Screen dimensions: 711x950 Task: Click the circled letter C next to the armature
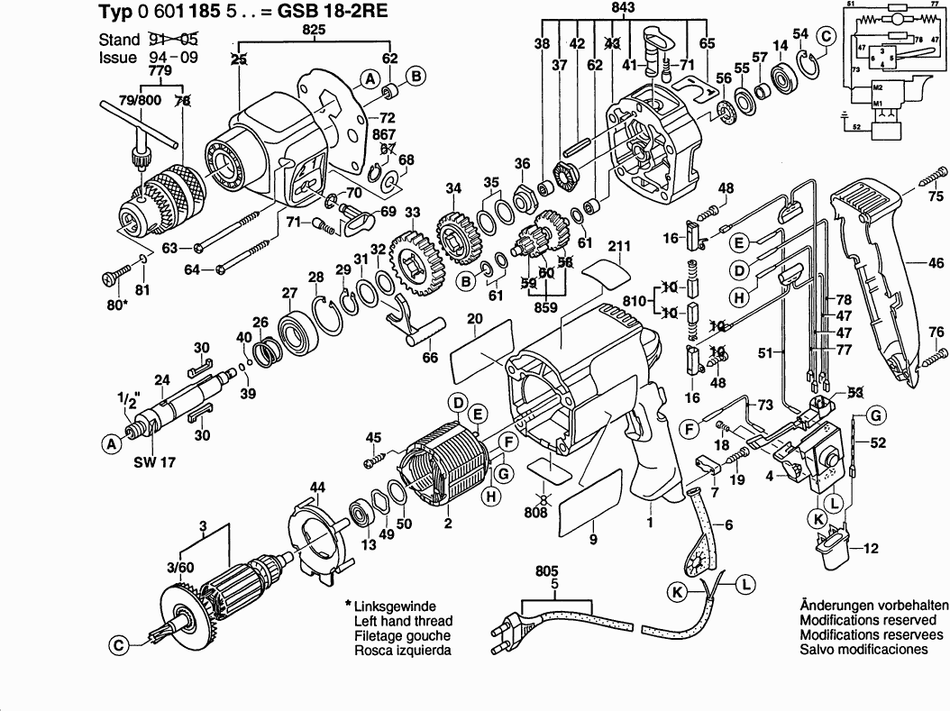pyautogui.click(x=117, y=643)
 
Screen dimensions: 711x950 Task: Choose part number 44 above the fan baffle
pyautogui.click(x=316, y=488)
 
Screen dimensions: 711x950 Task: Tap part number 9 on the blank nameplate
pyautogui.click(x=592, y=540)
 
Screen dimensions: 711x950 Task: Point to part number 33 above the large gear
pyautogui.click(x=412, y=213)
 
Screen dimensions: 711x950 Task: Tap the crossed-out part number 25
pyautogui.click(x=238, y=59)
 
